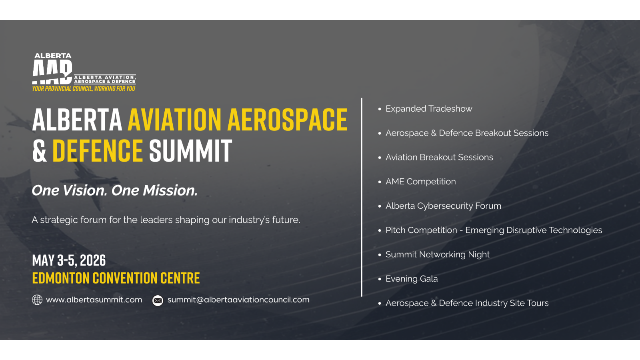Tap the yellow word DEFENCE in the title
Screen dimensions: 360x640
click(x=98, y=151)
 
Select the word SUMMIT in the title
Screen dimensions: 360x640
click(x=190, y=151)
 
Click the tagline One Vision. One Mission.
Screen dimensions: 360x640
click(x=115, y=190)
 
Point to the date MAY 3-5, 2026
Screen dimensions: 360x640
click(x=69, y=260)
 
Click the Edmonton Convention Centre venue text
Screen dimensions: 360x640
click(x=116, y=278)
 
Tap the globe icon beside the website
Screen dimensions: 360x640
click(x=37, y=300)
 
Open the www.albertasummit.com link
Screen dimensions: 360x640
click(x=94, y=300)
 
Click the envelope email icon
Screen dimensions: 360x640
click(x=158, y=300)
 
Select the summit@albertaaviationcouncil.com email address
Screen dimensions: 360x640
click(x=238, y=300)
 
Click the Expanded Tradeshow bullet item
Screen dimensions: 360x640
click(x=429, y=109)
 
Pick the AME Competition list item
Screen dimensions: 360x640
click(x=420, y=182)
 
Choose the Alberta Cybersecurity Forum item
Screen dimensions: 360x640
click(x=443, y=206)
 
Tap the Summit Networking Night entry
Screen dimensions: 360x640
click(x=438, y=255)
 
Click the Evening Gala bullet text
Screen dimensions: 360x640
click(x=412, y=279)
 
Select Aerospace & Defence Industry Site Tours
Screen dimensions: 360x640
click(x=467, y=303)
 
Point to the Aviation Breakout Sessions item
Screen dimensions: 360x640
click(x=439, y=158)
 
